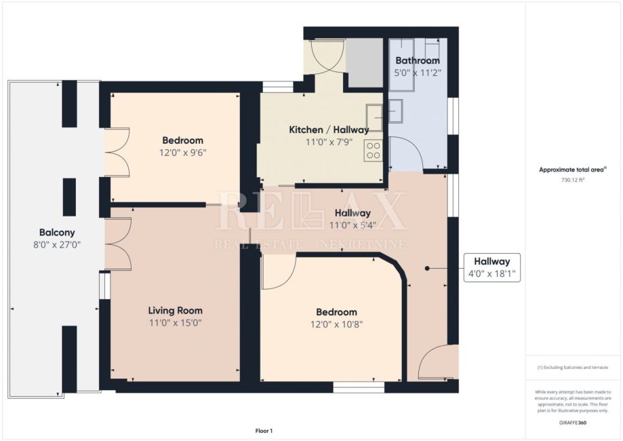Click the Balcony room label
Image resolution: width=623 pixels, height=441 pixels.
(57, 232)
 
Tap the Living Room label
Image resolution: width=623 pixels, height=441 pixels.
(175, 311)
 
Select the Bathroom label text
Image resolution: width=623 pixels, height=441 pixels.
(418, 60)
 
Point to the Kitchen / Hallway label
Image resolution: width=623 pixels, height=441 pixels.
(329, 130)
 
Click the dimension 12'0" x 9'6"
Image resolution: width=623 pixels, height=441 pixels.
(183, 153)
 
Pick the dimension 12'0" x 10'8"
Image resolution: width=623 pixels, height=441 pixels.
(336, 324)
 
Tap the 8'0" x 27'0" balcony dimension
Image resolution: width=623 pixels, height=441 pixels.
(57, 244)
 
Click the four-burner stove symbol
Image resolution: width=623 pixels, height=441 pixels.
(373, 151)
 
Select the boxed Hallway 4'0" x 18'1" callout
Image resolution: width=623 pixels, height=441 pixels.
(492, 267)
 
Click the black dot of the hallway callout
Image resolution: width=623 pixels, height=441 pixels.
(427, 269)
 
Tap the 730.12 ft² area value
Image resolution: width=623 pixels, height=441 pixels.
(573, 180)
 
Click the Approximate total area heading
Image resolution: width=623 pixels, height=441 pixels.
(573, 170)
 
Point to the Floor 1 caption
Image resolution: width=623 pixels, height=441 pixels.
(264, 431)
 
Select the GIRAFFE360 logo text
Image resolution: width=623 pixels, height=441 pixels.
(573, 423)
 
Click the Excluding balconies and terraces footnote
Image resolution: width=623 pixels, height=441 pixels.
(573, 368)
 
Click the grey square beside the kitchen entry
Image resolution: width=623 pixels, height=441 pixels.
(364, 62)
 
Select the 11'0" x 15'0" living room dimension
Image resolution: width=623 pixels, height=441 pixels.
(175, 323)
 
